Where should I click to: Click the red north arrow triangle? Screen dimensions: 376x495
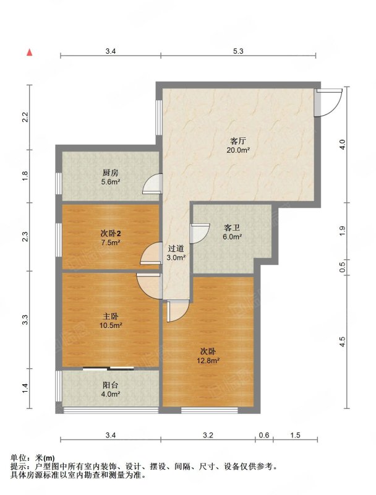click(29, 53)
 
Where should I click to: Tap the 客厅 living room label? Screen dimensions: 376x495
click(238, 141)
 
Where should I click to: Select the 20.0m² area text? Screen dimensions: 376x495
click(238, 150)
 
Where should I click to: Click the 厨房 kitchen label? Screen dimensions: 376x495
click(111, 173)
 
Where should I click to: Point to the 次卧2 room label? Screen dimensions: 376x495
click(111, 234)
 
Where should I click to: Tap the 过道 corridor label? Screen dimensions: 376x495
click(176, 249)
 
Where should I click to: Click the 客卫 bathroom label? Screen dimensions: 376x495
click(232, 228)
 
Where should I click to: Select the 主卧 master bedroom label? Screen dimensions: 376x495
click(111, 316)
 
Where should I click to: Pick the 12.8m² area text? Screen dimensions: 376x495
click(208, 361)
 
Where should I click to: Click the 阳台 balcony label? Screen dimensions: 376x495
click(111, 385)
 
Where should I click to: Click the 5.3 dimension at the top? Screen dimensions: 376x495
click(238, 51)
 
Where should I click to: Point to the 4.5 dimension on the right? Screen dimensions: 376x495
click(343, 342)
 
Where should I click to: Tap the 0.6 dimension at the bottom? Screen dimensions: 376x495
click(264, 436)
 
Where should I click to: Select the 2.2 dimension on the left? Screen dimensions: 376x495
click(25, 118)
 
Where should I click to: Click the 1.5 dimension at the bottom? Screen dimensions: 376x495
click(295, 436)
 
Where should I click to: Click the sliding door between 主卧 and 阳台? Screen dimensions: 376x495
click(108, 368)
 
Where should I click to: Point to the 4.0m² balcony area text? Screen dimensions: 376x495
click(111, 394)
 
